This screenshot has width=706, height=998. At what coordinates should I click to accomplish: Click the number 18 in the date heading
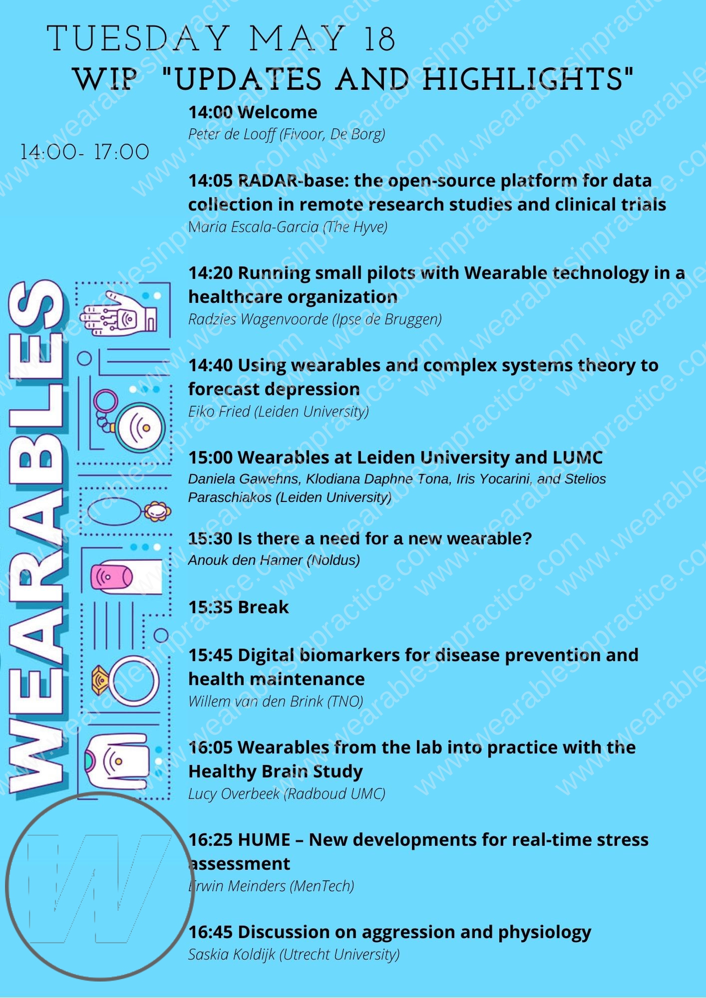(380, 39)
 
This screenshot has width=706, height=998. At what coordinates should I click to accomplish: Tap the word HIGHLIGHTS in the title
(528, 80)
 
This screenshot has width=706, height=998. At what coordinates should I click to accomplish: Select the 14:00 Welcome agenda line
(253, 112)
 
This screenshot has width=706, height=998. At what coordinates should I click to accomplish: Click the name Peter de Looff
(232, 134)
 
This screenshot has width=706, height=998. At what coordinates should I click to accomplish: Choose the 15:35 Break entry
(239, 607)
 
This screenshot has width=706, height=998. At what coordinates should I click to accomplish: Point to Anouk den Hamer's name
(245, 560)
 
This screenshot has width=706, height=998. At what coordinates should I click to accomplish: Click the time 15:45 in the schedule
(210, 655)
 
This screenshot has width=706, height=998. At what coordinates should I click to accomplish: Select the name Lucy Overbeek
(234, 794)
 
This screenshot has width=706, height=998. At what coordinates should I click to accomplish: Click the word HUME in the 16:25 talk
(264, 840)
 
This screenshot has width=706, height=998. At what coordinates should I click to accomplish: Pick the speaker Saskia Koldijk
(232, 955)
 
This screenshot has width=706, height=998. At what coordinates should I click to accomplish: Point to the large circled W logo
(100, 886)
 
